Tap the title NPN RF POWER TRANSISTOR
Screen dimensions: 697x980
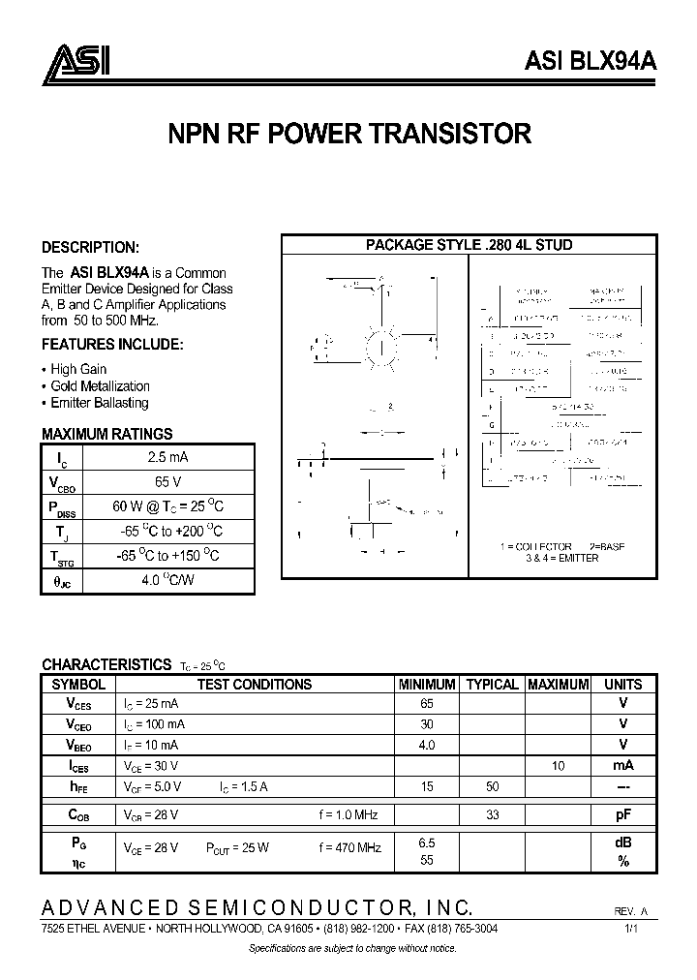click(349, 134)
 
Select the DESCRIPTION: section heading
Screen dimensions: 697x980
click(90, 247)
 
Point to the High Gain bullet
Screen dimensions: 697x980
click(77, 369)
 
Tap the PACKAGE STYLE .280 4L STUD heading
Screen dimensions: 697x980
click(469, 245)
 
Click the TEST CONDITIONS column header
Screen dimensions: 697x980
click(255, 684)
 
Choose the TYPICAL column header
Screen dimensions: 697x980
click(492, 684)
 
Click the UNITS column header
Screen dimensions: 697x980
click(623, 684)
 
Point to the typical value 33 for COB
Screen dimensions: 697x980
click(492, 815)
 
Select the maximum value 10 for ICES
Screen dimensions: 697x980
click(559, 766)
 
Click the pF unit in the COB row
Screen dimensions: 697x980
click(623, 815)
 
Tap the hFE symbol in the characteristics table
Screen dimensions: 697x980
click(80, 787)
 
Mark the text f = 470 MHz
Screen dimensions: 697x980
click(349, 847)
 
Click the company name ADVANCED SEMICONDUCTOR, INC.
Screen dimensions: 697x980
click(257, 907)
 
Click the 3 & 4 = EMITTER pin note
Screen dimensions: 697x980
click(561, 559)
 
